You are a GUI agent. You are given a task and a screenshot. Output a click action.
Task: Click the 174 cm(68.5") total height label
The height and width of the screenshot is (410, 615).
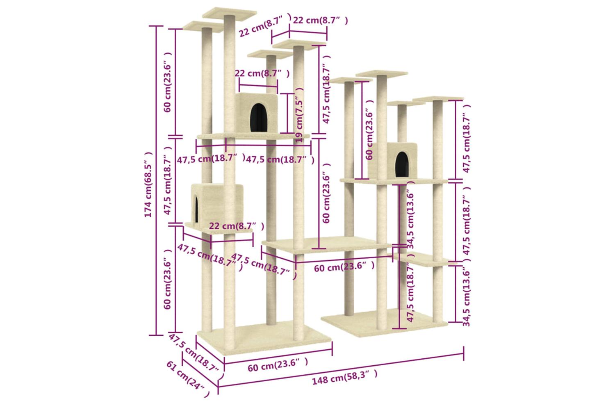(148, 184)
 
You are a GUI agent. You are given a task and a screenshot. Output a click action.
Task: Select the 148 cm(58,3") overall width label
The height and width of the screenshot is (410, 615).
(344, 377)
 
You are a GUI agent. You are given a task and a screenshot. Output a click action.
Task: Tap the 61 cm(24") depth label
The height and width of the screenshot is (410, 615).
(188, 379)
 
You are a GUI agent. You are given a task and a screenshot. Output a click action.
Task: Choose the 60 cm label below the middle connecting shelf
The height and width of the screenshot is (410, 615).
(344, 266)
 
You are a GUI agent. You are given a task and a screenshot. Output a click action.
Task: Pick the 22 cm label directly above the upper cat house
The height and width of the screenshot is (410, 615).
(262, 74)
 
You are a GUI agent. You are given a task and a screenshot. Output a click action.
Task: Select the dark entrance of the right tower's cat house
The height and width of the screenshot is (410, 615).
(402, 164)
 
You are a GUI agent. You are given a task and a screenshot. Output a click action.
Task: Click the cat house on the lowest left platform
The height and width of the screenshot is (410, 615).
(217, 205)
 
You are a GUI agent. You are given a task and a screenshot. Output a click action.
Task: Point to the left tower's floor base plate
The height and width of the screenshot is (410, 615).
(264, 340)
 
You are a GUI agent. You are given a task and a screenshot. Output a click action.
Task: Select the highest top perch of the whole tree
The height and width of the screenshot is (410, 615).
(230, 14)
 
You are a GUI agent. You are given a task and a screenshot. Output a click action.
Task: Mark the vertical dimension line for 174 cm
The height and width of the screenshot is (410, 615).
(156, 181)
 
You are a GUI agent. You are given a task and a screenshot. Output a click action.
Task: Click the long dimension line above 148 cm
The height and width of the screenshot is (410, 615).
(341, 370)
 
